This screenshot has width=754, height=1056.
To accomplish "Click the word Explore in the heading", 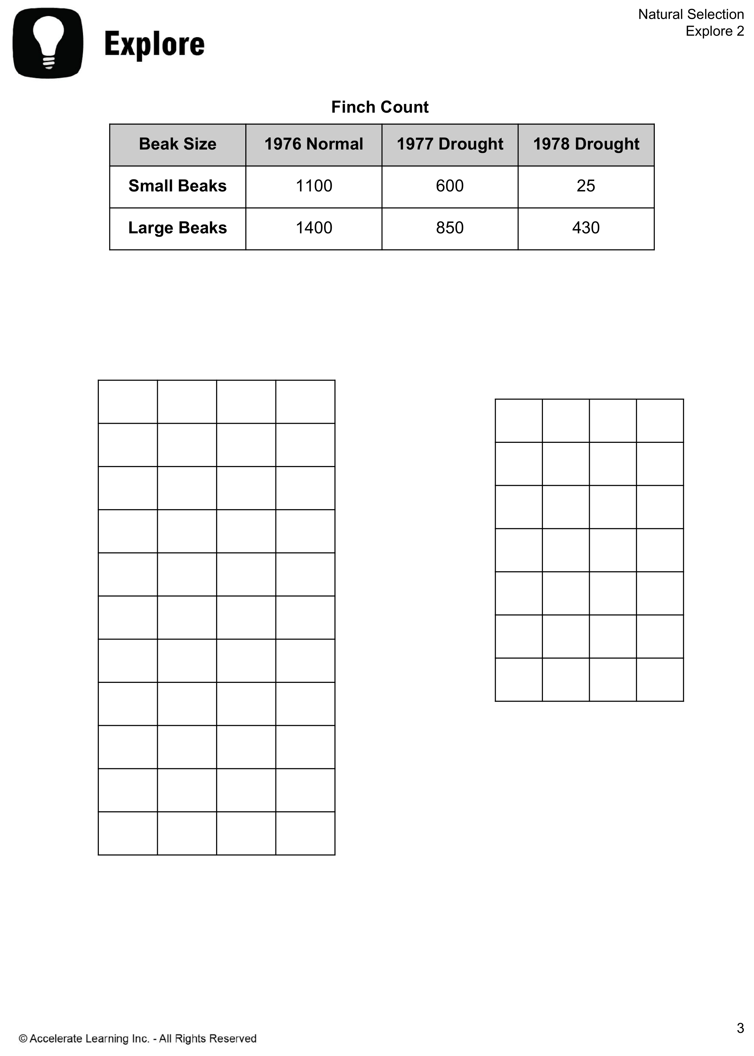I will pos(154,44).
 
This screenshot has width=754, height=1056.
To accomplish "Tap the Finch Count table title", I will pos(379,107).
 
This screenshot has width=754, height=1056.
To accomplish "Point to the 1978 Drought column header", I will pos(585,144).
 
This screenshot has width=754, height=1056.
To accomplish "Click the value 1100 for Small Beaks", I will pos(314,186).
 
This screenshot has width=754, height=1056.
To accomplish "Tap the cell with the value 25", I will pos(585,186).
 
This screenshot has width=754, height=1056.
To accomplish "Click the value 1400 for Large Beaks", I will pos(314,228).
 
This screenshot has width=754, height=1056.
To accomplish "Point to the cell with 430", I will pos(585,228).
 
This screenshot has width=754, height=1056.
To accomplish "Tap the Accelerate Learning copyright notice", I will pos(138,1038).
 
